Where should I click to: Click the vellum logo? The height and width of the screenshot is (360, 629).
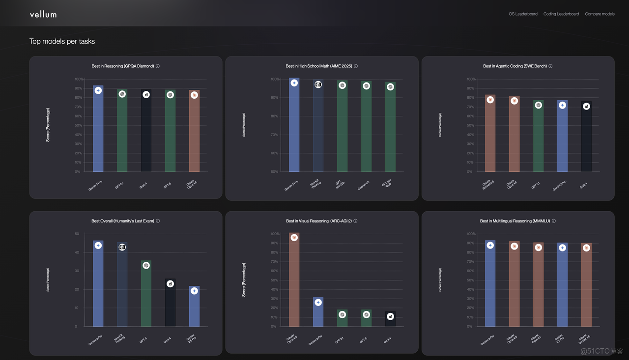coord(43,14)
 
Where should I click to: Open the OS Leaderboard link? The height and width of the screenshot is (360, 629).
coord(523,14)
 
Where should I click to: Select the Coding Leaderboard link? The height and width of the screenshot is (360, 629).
coord(561,14)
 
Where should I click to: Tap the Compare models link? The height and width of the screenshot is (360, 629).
coord(600,14)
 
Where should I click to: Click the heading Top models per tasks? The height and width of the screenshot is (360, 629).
coord(62,41)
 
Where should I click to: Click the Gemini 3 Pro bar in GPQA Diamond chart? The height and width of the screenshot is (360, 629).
coord(98,130)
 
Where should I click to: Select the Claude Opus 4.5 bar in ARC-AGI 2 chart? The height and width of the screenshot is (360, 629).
coord(294,280)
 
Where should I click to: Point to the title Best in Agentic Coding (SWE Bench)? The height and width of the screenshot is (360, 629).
coord(515,66)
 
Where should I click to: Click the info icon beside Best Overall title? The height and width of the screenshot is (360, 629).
coord(158,221)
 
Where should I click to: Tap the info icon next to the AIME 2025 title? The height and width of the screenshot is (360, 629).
coord(356,66)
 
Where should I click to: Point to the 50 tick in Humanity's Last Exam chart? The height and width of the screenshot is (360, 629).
coord(77,234)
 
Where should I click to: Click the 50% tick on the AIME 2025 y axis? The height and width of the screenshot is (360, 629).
coord(275,172)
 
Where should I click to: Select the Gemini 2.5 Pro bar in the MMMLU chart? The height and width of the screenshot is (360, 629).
coord(562,285)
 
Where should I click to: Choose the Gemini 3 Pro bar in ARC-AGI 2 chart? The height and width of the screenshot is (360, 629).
coord(318,312)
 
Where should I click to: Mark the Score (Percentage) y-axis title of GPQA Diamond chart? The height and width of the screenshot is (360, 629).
coord(48,125)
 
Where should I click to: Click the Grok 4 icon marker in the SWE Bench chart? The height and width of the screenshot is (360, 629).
coord(586,106)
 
